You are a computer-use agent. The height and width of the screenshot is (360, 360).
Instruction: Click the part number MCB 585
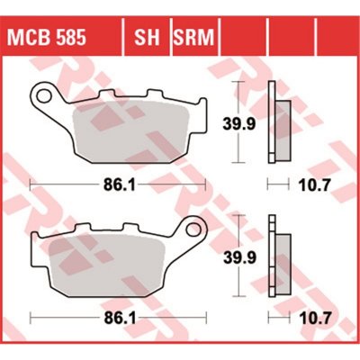[x=47, y=38]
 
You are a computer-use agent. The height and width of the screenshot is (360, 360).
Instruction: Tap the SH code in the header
[x=147, y=38]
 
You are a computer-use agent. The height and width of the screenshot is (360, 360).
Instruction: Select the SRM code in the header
[x=193, y=38]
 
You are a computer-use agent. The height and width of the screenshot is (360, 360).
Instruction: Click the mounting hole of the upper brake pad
[x=44, y=95]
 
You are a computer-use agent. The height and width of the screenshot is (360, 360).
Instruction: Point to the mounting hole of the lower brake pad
[x=193, y=229]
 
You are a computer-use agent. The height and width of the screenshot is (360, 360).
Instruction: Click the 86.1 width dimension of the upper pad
[x=119, y=185]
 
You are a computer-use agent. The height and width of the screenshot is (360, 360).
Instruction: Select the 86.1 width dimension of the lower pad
[x=120, y=318]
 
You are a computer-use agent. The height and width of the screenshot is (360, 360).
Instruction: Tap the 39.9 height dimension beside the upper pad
[x=239, y=123]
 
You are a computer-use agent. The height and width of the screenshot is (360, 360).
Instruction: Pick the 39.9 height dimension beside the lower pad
[x=239, y=257]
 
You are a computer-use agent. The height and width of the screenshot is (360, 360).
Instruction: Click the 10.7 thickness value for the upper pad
[x=314, y=185]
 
